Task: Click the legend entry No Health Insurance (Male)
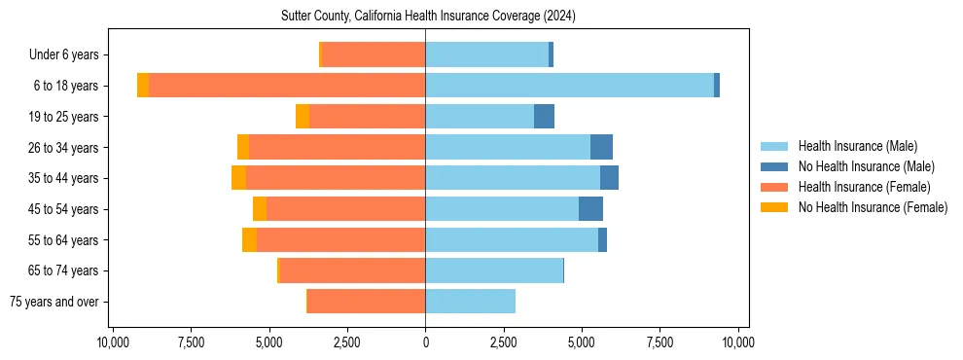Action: pyautogui.click(x=866, y=166)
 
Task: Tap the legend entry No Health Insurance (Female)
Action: pyautogui.click(x=873, y=207)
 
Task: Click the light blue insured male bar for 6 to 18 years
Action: pyautogui.click(x=569, y=86)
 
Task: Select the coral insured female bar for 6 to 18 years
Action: pyautogui.click(x=287, y=86)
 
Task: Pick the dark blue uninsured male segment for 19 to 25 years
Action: pyautogui.click(x=544, y=117)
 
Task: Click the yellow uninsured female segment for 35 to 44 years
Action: pyautogui.click(x=238, y=178)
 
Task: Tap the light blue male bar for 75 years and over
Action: pyautogui.click(x=470, y=302)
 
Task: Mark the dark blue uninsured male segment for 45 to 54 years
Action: pyautogui.click(x=590, y=209)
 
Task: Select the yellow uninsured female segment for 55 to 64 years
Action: pyautogui.click(x=249, y=239)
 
